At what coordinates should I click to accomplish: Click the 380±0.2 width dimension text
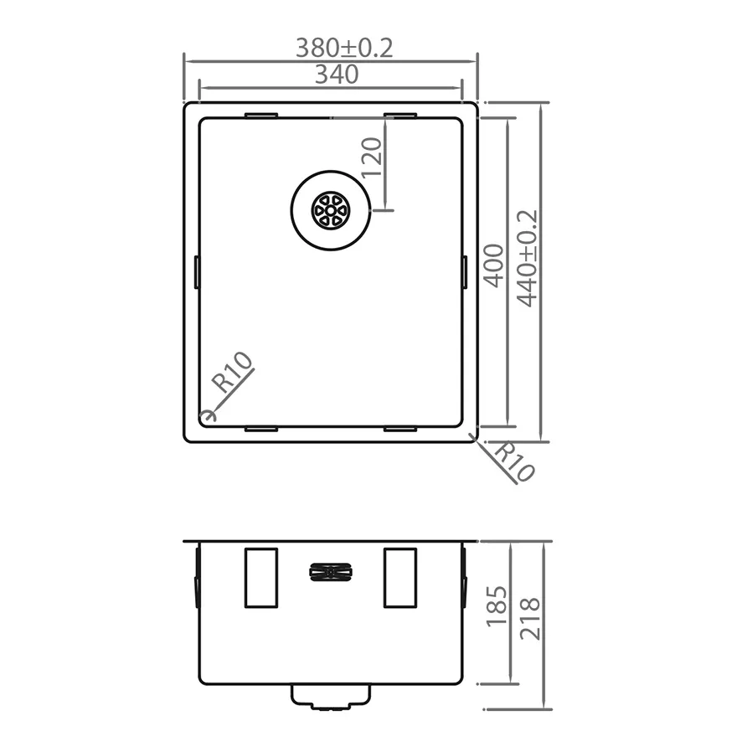344,48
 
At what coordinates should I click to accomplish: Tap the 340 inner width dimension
337,75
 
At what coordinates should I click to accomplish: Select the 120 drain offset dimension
372,157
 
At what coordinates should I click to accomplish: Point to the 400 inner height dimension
494,266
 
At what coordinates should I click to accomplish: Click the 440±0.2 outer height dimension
527,259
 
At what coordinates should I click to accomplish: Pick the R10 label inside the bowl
233,373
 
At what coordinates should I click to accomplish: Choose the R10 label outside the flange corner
514,461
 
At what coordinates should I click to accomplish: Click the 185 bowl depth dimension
497,606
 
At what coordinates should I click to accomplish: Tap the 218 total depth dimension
529,619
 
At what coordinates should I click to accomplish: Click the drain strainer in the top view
330,210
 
